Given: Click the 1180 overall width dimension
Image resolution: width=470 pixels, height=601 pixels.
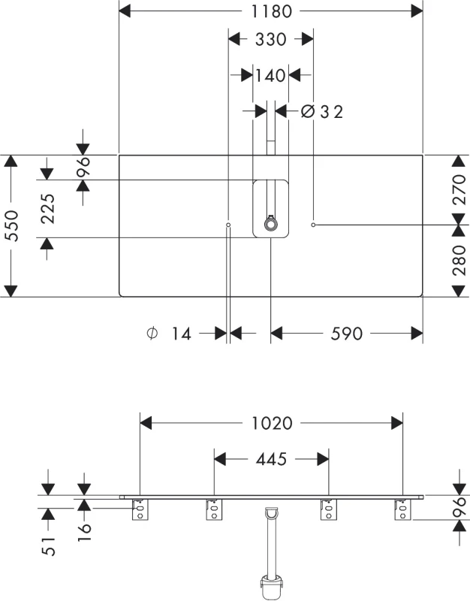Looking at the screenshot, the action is [271, 11].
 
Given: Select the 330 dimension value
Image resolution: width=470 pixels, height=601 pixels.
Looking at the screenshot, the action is [270, 40].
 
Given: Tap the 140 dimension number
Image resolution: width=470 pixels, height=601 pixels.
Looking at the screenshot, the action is [270, 76].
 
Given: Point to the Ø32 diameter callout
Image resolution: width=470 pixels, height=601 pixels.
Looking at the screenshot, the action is [322, 111].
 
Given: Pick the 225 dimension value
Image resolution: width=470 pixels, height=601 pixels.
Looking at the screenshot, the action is [48, 209].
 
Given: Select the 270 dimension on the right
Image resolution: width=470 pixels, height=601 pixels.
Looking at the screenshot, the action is [459, 189].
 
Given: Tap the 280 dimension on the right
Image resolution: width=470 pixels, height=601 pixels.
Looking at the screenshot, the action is [459, 261].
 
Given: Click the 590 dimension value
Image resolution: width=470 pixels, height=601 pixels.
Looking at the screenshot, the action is [346, 334].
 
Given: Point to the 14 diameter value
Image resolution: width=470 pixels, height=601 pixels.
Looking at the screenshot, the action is [181, 334].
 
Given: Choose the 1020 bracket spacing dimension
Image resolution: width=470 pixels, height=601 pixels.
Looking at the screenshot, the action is [272, 424].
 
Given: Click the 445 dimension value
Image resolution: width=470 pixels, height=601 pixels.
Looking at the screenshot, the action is [271, 459].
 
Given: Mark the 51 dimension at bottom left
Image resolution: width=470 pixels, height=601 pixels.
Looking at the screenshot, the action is [48, 546].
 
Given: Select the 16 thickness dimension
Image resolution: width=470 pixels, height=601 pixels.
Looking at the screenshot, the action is [84, 531].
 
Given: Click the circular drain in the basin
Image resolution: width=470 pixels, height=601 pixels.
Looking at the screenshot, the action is [271, 224].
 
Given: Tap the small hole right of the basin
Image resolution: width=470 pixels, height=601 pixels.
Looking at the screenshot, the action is [313, 225].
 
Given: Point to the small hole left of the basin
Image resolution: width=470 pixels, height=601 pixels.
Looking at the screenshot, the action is [228, 225].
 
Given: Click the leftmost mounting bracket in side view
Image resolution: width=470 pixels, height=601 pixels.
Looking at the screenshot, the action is [140, 510].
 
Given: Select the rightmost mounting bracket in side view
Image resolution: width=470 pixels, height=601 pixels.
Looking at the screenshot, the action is [402, 510].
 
